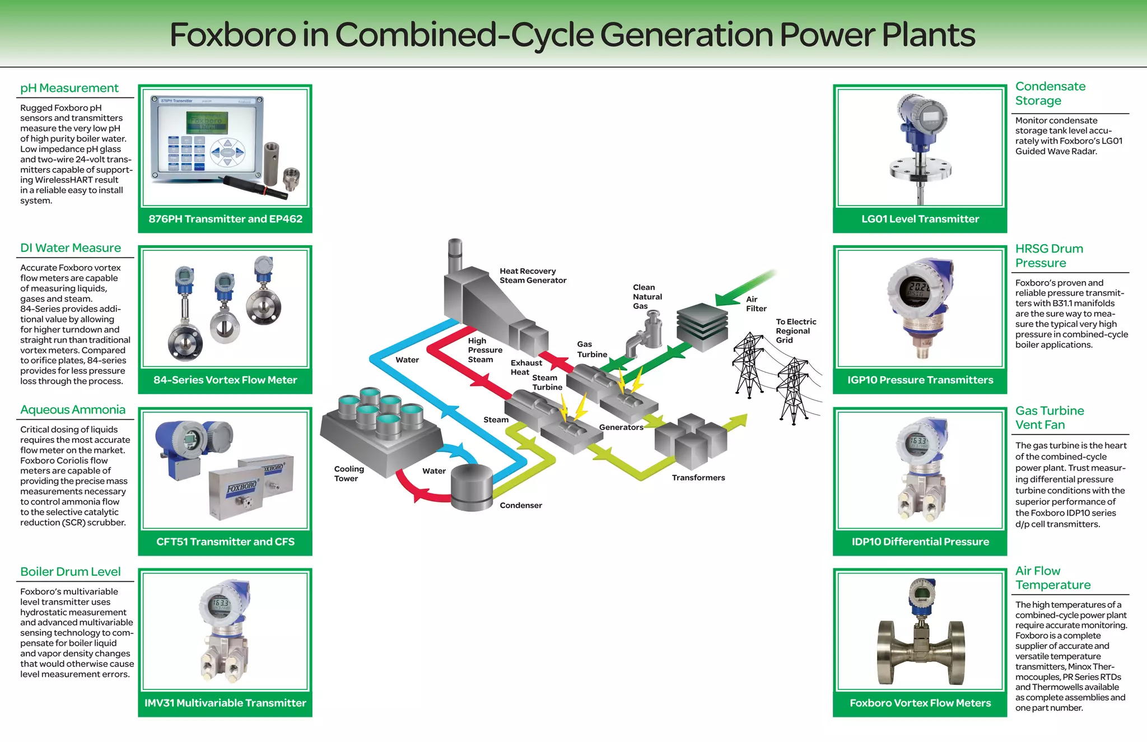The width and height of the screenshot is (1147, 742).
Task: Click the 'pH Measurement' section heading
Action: tap(69, 88)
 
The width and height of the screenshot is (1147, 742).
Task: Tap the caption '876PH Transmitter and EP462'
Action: tap(225, 219)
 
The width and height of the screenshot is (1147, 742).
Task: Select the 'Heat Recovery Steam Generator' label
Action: tap(533, 276)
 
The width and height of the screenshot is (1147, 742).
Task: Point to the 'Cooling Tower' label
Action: tap(349, 473)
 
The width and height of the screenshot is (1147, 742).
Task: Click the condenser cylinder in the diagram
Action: tap(472, 487)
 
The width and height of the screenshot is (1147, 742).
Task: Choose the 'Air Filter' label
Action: tap(756, 304)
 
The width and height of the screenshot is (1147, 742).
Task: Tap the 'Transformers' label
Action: tap(698, 478)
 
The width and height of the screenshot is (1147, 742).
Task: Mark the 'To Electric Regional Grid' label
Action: tap(795, 330)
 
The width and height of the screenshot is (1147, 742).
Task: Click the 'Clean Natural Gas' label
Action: tap(647, 296)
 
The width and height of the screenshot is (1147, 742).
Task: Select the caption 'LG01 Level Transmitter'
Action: tap(920, 219)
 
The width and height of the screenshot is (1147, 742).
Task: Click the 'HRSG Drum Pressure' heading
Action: tap(1049, 255)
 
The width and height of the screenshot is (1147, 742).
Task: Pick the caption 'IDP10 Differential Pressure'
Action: tap(920, 542)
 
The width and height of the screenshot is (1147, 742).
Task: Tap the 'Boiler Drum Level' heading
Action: tap(71, 572)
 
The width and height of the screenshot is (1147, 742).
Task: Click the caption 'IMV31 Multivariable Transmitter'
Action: tap(225, 703)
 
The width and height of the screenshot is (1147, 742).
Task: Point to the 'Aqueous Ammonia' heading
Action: tap(73, 410)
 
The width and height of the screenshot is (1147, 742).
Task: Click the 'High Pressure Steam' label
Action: tap(484, 350)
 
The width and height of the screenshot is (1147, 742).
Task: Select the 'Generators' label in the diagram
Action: tap(621, 427)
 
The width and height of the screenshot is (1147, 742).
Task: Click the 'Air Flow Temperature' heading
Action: tap(1052, 578)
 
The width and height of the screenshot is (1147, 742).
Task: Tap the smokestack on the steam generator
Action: tap(455, 255)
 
